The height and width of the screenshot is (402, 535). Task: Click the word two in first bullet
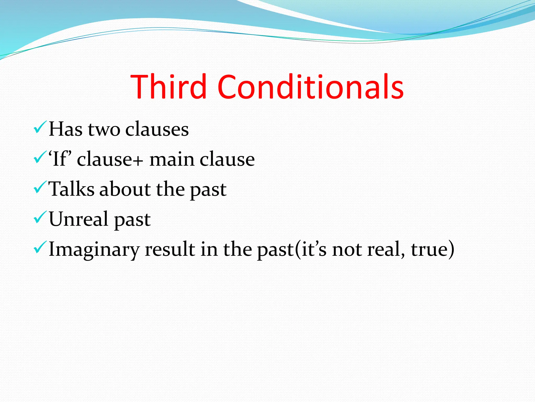click(104, 129)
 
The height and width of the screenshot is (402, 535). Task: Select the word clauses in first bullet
click(157, 129)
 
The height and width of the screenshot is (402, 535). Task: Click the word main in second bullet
click(171, 159)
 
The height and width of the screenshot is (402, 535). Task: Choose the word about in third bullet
click(125, 189)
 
